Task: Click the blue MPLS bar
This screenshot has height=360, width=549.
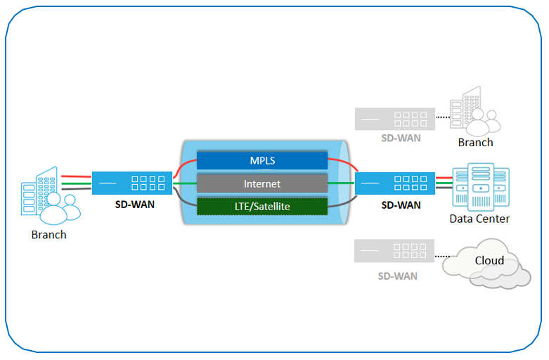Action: (x=262, y=160)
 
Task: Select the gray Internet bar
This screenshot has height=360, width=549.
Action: (x=262, y=184)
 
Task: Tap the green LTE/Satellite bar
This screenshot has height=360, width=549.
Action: (x=262, y=206)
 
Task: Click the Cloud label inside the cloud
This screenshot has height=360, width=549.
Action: (x=489, y=261)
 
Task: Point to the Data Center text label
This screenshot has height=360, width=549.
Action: (x=479, y=219)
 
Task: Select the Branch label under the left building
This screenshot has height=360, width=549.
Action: (x=49, y=235)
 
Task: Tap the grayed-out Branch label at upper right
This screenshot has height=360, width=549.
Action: (x=476, y=142)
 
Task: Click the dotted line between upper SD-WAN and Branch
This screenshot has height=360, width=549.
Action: (x=442, y=117)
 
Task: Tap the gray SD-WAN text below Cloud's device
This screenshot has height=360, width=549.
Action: (x=398, y=276)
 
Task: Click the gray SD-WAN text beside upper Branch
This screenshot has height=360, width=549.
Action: (x=401, y=139)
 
